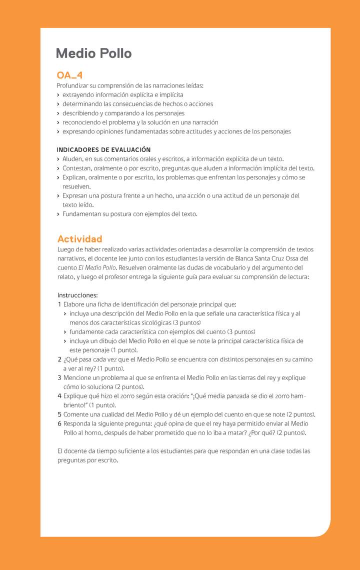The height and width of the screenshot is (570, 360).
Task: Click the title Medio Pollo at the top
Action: click(94, 53)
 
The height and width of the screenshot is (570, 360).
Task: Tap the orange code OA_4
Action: click(69, 75)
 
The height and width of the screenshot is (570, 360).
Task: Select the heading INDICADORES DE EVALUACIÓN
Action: click(103, 149)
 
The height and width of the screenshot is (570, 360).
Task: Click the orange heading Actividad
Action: click(79, 239)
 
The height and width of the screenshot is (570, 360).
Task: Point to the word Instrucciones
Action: click(77, 295)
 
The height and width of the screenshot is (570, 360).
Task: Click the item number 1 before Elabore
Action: click(59, 304)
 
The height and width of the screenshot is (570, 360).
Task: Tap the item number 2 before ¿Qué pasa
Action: click(59, 359)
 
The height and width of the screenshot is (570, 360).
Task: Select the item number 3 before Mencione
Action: click(59, 378)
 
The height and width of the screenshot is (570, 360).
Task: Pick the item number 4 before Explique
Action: click(59, 396)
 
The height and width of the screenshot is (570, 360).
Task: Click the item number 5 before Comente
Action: click(59, 414)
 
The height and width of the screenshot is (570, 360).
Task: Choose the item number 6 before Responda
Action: click(59, 423)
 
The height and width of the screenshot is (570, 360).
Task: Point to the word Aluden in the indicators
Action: click(73, 159)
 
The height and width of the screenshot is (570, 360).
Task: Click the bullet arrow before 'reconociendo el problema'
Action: click(58, 122)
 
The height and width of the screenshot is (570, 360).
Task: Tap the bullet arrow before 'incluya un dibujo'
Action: click(65, 341)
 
